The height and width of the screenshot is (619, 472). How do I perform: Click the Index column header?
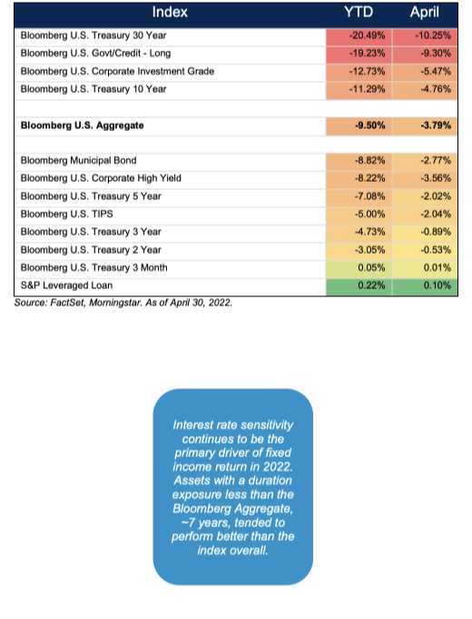click(x=170, y=12)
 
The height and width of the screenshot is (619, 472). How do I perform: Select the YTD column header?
click(x=359, y=12)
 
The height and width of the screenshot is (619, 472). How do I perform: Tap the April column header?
click(x=424, y=13)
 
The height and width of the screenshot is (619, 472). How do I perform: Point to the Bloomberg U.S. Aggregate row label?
click(x=82, y=125)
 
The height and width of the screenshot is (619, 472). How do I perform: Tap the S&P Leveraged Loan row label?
click(x=66, y=285)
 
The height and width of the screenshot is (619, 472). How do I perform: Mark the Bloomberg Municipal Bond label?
click(x=78, y=160)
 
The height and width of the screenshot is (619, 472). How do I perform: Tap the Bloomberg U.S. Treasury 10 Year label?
click(x=93, y=89)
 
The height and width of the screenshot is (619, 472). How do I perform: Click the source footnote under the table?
click(x=123, y=303)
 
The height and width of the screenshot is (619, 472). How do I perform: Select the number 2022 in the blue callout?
click(x=277, y=466)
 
